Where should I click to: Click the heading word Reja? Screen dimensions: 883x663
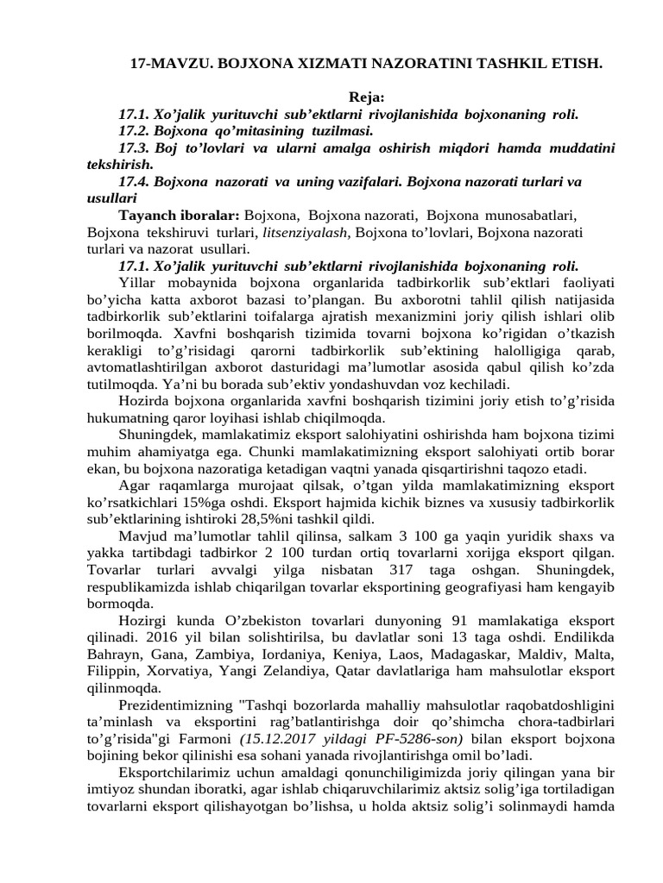(366, 97)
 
